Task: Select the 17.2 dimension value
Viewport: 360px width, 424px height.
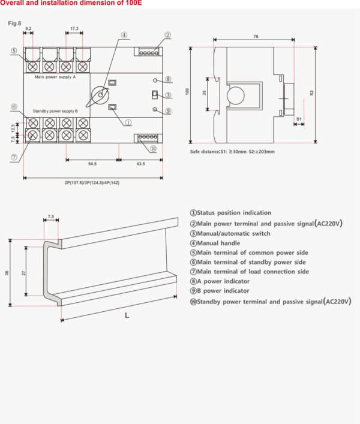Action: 74,29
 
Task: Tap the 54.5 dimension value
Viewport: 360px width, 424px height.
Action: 92,163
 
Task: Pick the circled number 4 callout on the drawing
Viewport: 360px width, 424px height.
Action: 123,35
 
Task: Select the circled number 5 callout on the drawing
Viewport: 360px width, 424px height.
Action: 13,51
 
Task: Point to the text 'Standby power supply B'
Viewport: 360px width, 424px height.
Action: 55,111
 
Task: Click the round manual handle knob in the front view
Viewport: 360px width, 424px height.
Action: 101,94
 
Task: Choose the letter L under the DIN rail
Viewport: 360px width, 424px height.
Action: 127,315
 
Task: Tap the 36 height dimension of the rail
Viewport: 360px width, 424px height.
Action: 7,272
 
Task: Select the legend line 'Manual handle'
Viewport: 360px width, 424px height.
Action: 218,243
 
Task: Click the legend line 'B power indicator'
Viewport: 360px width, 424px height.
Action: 224,291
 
